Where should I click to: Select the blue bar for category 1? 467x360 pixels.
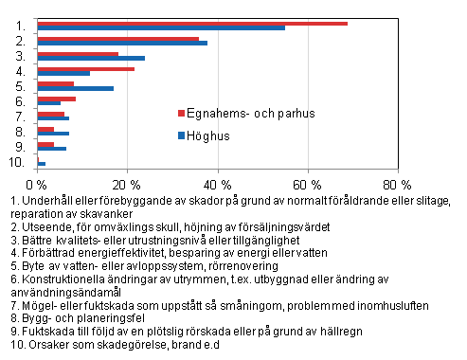click(161, 28)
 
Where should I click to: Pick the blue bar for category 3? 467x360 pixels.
click(91, 59)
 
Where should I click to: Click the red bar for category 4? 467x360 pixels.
click(85, 68)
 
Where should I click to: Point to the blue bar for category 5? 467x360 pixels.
click(75, 88)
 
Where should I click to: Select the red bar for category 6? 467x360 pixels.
click(56, 99)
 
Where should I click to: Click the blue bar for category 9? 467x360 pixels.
click(51, 149)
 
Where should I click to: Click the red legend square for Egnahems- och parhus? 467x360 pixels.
click(182, 114)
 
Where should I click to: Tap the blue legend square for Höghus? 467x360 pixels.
click(182, 135)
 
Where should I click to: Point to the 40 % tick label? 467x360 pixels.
click(218, 183)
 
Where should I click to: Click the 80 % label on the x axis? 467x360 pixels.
click(399, 183)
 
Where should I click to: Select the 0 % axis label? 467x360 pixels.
click(37, 183)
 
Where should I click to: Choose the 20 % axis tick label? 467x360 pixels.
click(127, 183)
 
